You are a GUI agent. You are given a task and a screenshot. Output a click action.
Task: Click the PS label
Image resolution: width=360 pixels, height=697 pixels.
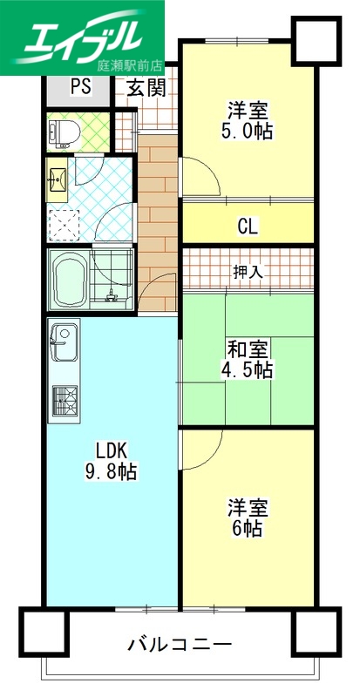[80, 87]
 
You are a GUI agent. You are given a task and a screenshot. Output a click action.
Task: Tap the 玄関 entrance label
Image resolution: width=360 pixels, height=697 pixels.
[146, 88]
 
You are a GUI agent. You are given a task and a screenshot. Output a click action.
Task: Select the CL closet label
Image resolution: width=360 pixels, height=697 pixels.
[248, 227]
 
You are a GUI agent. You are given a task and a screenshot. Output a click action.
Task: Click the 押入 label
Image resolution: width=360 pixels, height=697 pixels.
[248, 272]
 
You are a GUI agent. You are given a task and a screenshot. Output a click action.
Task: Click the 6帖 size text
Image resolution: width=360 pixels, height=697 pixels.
[248, 529]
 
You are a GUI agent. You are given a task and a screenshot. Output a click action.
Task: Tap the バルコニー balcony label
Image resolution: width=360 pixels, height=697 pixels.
[180, 646]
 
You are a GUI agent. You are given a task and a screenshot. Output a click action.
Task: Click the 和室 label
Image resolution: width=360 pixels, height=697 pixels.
[248, 349]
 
